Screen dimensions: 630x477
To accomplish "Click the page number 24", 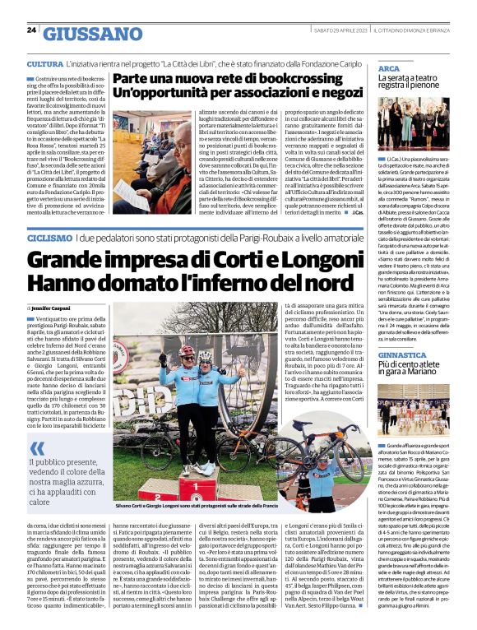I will coord(31,30).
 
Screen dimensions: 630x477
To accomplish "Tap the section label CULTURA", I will coord(44,63).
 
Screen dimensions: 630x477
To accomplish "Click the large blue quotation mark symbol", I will coord(38,447).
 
